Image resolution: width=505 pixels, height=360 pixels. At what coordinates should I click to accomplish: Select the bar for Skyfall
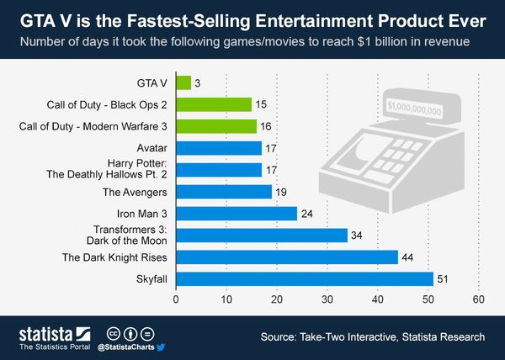305,278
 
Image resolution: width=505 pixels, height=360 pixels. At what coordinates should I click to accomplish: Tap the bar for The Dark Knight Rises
287,257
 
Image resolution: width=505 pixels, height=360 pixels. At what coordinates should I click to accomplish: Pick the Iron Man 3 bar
237,213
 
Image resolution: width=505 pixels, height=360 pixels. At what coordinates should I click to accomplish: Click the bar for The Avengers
224,192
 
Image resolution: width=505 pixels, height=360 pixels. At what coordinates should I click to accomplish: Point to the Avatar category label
151,148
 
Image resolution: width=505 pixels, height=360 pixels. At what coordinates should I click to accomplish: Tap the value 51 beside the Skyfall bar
444,278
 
